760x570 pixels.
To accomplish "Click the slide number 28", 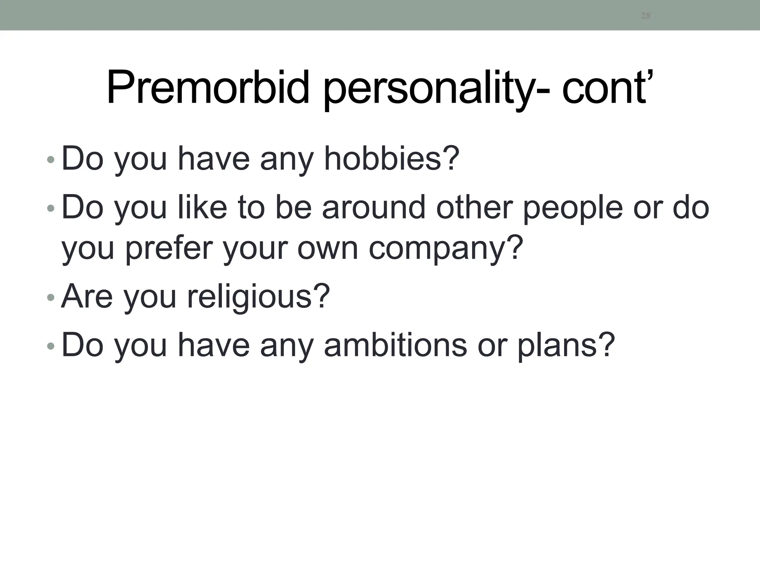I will (x=646, y=16).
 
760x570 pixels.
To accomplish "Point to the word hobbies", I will (x=392, y=159).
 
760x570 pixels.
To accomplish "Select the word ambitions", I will (x=395, y=345).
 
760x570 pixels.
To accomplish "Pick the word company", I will (x=446, y=249).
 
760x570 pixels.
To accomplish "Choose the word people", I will (x=573, y=208).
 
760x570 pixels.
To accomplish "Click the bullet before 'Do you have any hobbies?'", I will (x=51, y=160).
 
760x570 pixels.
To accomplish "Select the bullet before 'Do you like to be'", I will (x=51, y=209).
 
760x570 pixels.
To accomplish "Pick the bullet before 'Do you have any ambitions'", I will (x=51, y=346).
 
